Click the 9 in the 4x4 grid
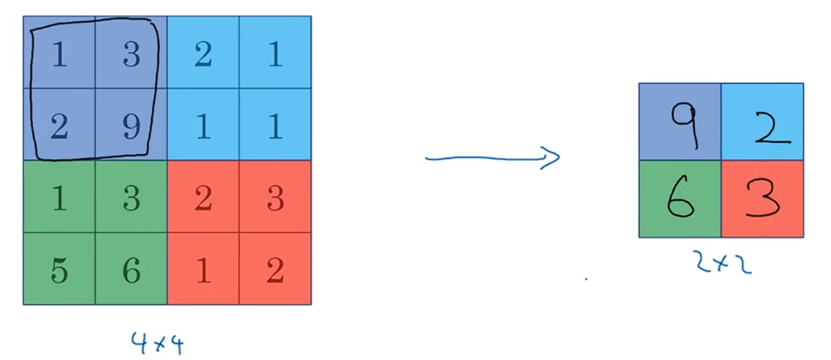coord(131,127)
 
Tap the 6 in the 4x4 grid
coord(131,271)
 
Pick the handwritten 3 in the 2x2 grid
coord(763,199)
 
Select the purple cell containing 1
coord(59,56)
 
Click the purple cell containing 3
coord(131,56)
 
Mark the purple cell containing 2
coord(59,127)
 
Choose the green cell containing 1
coord(59,199)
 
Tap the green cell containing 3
coord(131,199)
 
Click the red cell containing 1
coord(203,271)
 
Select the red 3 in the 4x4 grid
coord(275,199)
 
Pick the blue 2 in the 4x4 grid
coord(203,56)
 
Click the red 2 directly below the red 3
coord(275,271)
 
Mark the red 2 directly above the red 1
coord(203,199)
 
